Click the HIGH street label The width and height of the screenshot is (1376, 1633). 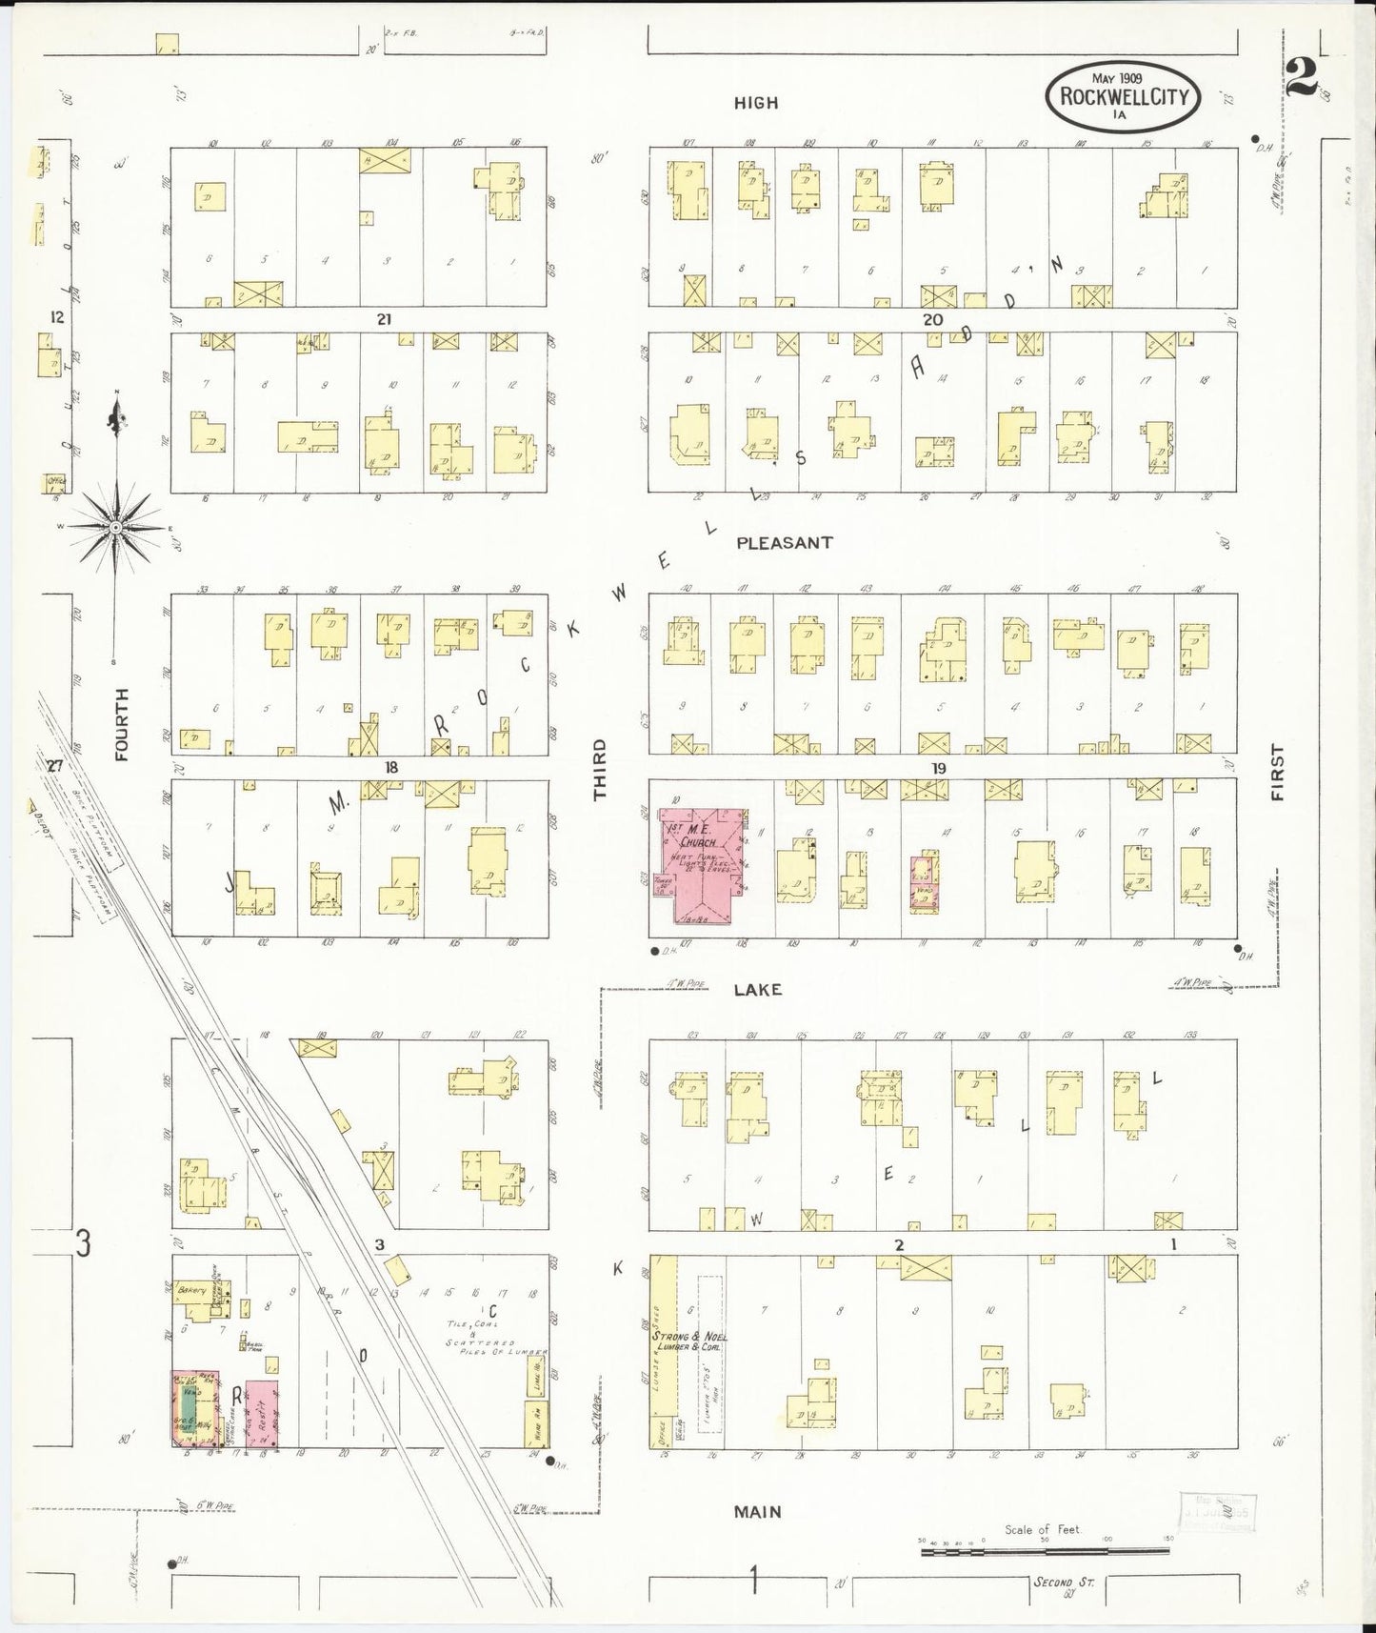point(755,103)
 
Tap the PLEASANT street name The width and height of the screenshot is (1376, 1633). point(785,542)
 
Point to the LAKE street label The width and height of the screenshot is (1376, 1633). point(758,990)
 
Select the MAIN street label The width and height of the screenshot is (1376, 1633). point(758,1511)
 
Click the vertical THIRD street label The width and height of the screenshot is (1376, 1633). point(599,769)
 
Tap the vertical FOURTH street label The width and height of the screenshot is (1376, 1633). point(121,725)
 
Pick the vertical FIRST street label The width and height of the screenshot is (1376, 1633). point(1277,772)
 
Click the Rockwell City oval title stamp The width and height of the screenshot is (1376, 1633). point(1123,94)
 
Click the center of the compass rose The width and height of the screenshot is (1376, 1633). point(114,527)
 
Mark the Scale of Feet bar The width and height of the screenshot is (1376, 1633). point(1045,1552)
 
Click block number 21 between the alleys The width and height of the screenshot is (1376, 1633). point(384,320)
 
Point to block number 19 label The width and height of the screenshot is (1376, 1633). point(938,769)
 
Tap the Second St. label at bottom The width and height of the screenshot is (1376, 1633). point(1064,1583)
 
